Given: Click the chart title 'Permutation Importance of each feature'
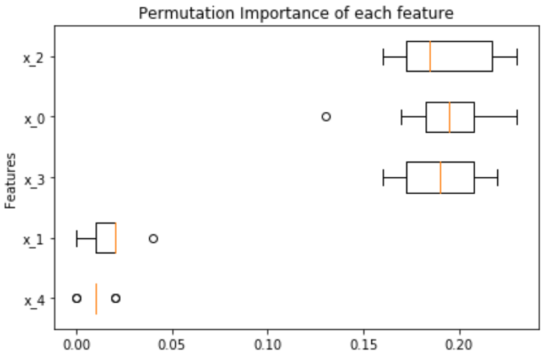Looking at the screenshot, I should pyautogui.click(x=296, y=13).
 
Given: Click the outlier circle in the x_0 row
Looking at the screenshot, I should pyautogui.click(x=326, y=117).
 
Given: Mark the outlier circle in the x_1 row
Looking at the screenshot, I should pyautogui.click(x=154, y=238).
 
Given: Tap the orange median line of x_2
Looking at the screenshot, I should pyautogui.click(x=430, y=56).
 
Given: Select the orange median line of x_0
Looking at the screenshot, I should pyautogui.click(x=449, y=117).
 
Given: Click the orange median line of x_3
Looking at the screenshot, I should pyautogui.click(x=441, y=177).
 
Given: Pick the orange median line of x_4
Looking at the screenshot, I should pyautogui.click(x=96, y=298).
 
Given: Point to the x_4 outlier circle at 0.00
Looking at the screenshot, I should pyautogui.click(x=77, y=298).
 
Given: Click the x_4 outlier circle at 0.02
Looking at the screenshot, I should pyautogui.click(x=116, y=298).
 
